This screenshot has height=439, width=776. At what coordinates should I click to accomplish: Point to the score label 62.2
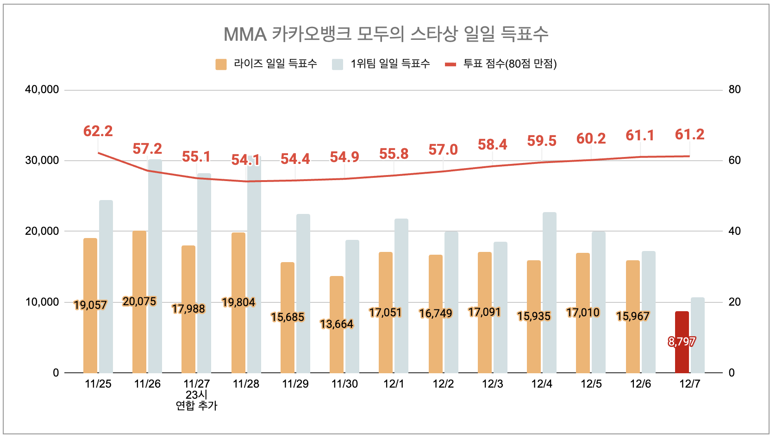pyautogui.click(x=98, y=132)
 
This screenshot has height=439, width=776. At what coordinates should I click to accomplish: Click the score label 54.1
pyautogui.click(x=245, y=160)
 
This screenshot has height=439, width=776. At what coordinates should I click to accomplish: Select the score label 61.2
pyautogui.click(x=689, y=135)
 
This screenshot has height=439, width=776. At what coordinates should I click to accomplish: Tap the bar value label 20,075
pyautogui.click(x=139, y=301)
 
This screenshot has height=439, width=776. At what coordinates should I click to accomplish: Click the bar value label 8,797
pyautogui.click(x=682, y=342)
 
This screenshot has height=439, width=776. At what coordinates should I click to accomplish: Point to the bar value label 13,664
pyautogui.click(x=337, y=324)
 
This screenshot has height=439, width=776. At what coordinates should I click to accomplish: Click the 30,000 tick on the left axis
pyautogui.click(x=42, y=160)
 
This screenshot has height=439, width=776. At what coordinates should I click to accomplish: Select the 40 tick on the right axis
pyautogui.click(x=734, y=231)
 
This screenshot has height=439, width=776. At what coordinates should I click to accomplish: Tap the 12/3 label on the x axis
pyautogui.click(x=493, y=384)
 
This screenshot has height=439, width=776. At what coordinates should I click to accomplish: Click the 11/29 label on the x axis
pyautogui.click(x=295, y=384)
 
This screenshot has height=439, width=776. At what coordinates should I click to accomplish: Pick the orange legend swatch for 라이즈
pyautogui.click(x=221, y=64)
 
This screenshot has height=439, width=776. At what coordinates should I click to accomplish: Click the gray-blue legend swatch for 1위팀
pyautogui.click(x=338, y=64)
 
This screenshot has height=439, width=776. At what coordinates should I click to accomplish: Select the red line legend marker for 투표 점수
pyautogui.click(x=451, y=64)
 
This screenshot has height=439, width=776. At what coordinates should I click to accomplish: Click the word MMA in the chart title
pyautogui.click(x=245, y=34)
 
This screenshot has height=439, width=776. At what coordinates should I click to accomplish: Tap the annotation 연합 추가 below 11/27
pyautogui.click(x=196, y=406)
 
